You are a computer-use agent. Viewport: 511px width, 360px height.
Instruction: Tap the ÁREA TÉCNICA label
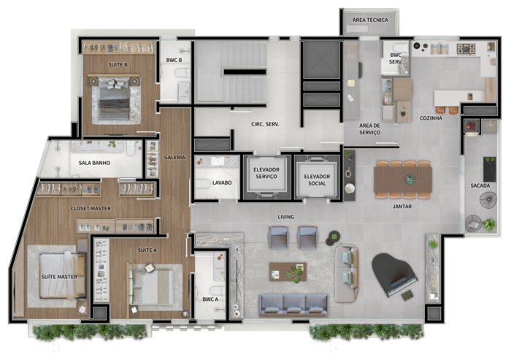coord(370,20)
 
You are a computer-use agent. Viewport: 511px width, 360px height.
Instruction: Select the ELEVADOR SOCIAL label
coord(317,180)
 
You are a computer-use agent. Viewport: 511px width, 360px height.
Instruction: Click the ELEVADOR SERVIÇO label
coord(266,173)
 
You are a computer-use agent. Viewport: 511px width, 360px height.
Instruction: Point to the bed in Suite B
coord(115,99)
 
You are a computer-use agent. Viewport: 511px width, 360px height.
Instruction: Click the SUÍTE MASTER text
coord(59,277)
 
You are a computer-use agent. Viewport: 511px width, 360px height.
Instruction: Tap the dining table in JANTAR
coord(403,180)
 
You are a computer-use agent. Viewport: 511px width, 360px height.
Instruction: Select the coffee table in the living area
coord(288,272)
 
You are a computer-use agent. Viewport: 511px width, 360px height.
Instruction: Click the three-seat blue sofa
coord(293,305)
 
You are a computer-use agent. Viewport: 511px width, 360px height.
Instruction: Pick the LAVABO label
coord(222,183)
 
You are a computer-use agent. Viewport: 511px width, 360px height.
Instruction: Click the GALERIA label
coord(174,158)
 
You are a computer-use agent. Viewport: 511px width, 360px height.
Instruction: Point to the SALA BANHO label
coord(94,163)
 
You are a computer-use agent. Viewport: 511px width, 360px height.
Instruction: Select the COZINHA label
coord(431,118)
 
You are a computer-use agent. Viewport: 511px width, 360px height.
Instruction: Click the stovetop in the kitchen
coord(466,49)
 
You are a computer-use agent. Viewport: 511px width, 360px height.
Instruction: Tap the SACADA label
coord(480,185)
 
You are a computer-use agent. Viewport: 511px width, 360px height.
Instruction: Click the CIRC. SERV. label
coord(265,124)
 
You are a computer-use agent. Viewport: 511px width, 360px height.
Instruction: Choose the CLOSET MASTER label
coord(91,208)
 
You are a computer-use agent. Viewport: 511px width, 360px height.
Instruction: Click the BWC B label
coord(174,60)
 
